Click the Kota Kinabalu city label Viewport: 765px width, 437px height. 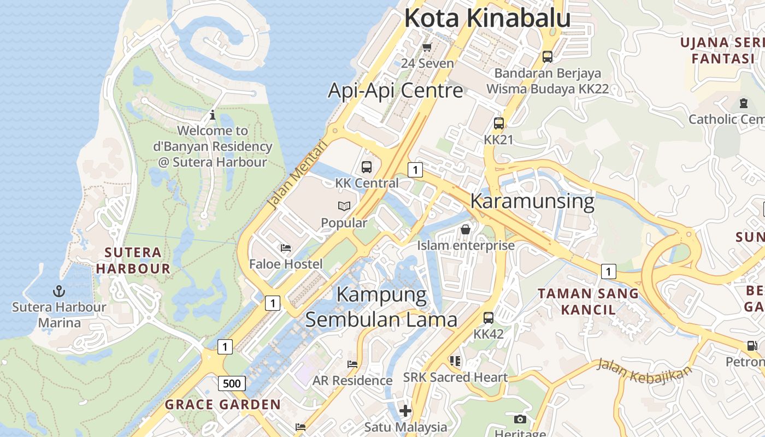click(487, 18)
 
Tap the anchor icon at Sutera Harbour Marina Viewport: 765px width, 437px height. click(59, 291)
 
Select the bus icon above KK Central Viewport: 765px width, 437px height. click(367, 167)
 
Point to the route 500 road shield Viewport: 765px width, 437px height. click(232, 383)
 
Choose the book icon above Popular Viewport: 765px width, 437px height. click(344, 206)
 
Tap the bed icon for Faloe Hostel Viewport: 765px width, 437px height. click(285, 248)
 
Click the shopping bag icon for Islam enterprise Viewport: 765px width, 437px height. click(466, 229)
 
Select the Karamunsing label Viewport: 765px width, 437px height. click(532, 201)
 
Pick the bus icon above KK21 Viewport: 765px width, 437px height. click(499, 123)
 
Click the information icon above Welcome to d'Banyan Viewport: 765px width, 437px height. click(213, 115)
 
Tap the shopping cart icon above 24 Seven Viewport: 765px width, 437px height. click(427, 47)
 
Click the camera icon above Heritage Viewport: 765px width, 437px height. click(520, 419)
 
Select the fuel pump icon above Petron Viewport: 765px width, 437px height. click(752, 345)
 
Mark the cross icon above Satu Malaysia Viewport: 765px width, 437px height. click(405, 410)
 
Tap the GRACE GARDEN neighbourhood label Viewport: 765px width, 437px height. click(223, 405)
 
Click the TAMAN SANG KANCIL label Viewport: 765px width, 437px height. click(588, 302)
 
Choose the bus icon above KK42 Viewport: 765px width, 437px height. click(489, 317)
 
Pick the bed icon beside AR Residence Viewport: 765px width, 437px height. click(352, 364)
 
